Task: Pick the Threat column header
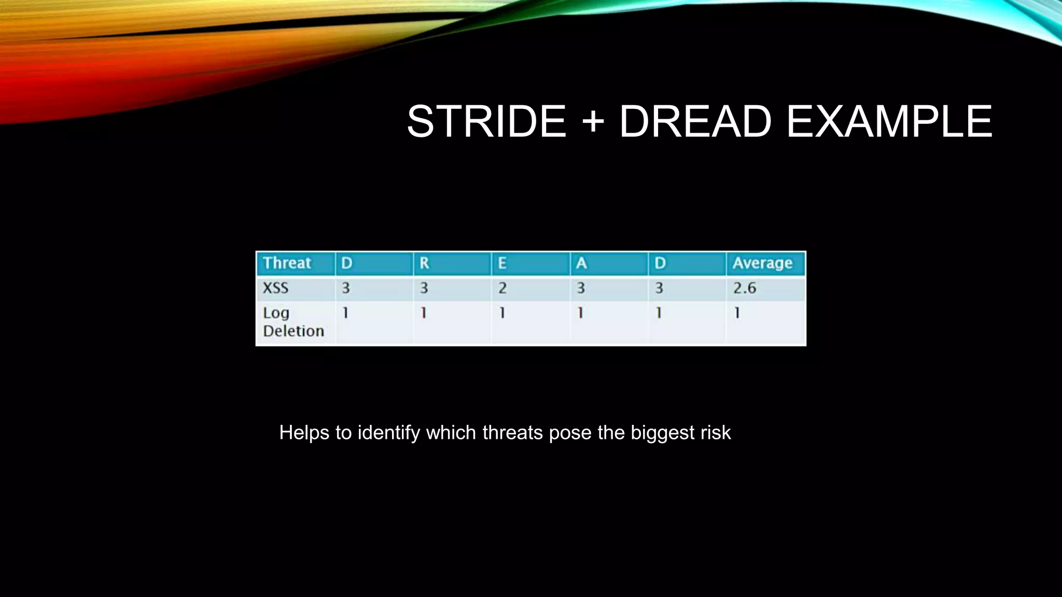287,263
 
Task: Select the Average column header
762,263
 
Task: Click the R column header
424,263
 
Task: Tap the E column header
502,263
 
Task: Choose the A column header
581,263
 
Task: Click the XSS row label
275,288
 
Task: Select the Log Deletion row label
293,322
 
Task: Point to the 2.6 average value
744,288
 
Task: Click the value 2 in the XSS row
502,288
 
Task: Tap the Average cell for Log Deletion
737,313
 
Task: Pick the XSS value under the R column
424,288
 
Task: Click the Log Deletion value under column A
580,313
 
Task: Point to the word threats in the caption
512,433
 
